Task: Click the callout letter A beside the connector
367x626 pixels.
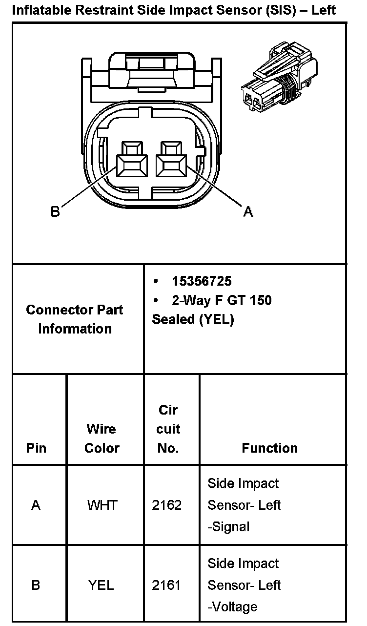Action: (x=248, y=212)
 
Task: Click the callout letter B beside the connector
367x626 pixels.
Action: (x=55, y=212)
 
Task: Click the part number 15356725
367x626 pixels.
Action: (x=202, y=281)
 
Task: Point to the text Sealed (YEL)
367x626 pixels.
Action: (x=193, y=319)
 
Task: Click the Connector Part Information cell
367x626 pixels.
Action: (x=75, y=319)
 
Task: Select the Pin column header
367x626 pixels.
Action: (x=36, y=448)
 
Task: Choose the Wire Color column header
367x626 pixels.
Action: (x=102, y=438)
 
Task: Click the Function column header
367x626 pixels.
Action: (x=269, y=448)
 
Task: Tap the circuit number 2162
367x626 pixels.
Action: (x=166, y=505)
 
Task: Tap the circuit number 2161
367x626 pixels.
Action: (x=166, y=585)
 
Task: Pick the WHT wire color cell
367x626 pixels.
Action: (x=102, y=505)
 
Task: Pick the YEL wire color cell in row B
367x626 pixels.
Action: (x=101, y=585)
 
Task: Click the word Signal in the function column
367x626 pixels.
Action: (x=230, y=527)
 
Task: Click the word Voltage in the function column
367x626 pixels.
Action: (x=234, y=607)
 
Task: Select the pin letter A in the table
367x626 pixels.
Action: (x=36, y=505)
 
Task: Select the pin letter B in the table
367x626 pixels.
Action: (x=36, y=585)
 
